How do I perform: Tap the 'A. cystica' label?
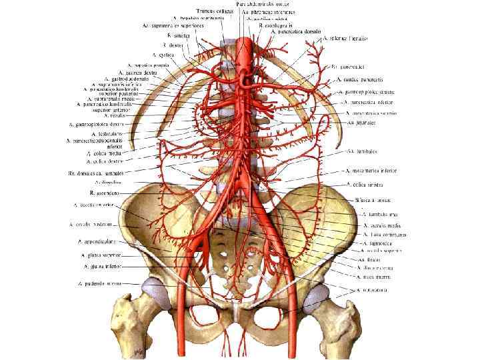click(163, 55)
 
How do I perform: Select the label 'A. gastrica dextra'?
click(138, 72)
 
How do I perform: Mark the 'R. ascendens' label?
click(105, 192)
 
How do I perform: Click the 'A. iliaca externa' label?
click(374, 267)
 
